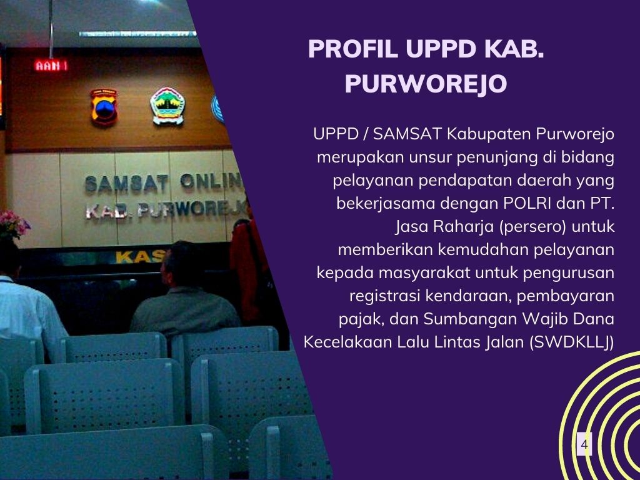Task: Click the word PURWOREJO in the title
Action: tap(426, 83)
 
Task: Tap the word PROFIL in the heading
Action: tap(353, 49)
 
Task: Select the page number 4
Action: tap(584, 444)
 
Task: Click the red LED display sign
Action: tap(51, 65)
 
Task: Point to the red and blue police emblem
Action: tap(104, 107)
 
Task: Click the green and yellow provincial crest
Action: tap(167, 106)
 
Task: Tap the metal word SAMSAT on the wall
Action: tap(126, 184)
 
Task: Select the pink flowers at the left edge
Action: tap(14, 224)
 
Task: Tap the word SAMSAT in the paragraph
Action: tap(407, 134)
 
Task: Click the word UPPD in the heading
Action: tap(441, 49)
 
